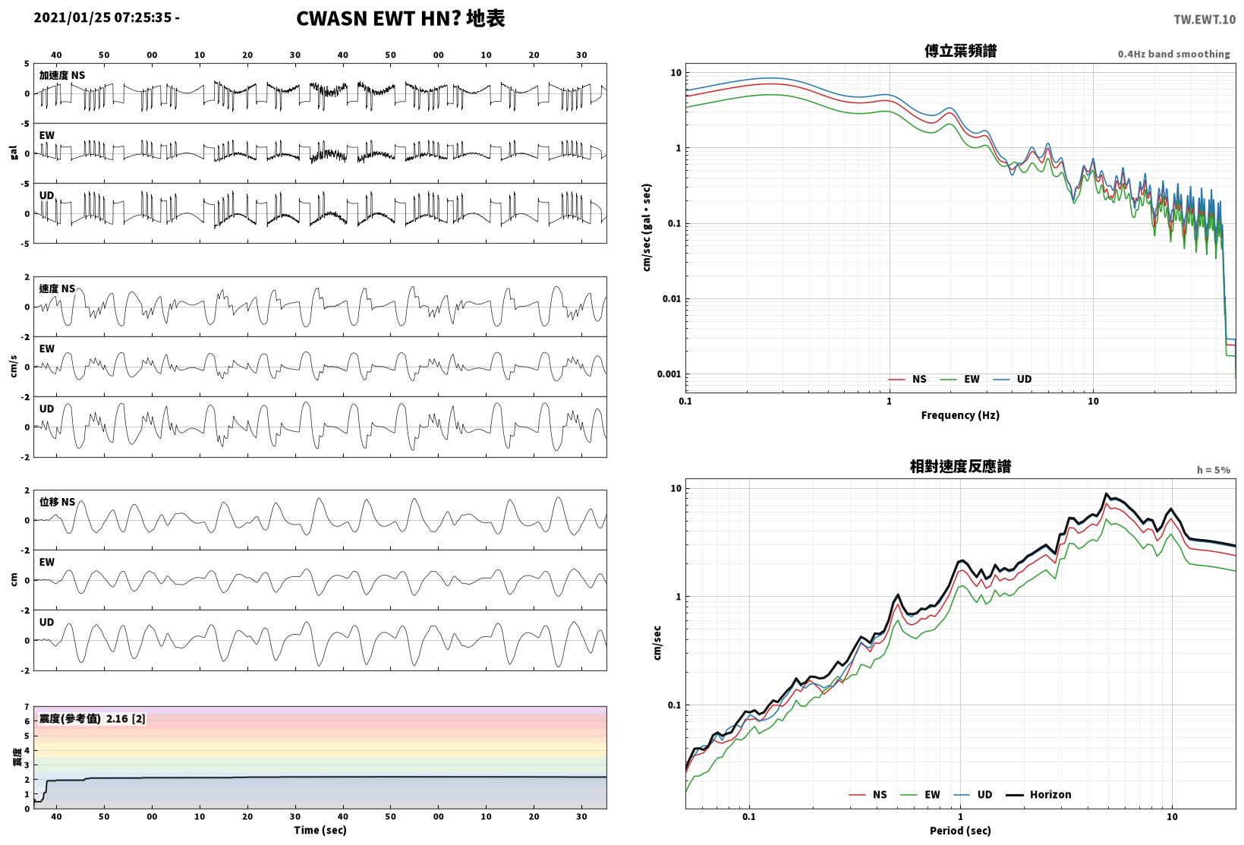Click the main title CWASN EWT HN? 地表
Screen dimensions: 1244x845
401,18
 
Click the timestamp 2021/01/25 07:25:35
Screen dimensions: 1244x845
102,17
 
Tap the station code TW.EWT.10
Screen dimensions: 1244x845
1205,20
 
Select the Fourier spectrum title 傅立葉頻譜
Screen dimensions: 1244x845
960,51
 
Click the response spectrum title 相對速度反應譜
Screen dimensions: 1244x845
960,466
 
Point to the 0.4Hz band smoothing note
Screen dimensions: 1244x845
1174,54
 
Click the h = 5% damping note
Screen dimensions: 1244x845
1214,470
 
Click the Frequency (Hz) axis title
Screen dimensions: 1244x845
960,415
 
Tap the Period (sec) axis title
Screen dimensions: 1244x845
960,831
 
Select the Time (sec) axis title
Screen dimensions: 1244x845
320,830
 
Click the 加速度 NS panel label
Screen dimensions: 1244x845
62,75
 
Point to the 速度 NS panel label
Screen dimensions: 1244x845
57,288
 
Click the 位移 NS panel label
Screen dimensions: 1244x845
57,502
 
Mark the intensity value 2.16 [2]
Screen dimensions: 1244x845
126,719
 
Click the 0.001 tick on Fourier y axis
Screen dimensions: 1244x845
669,374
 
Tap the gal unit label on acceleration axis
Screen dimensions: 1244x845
14,153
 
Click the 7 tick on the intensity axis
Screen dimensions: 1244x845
27,707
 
